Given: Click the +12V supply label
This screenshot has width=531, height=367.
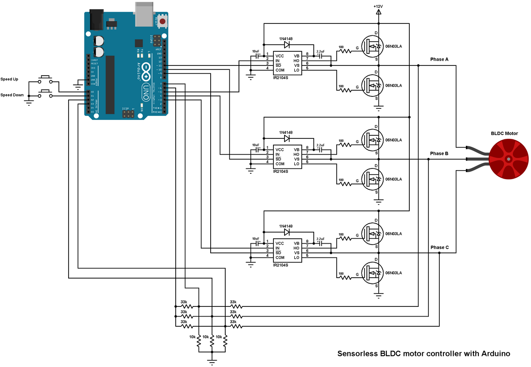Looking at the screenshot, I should click(x=378, y=6).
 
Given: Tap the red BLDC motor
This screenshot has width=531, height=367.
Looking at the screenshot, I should click(x=509, y=159).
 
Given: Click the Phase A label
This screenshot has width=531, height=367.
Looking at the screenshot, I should click(x=439, y=59).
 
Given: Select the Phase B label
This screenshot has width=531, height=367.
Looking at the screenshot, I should click(x=439, y=153).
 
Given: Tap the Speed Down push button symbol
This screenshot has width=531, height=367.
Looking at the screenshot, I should click(x=45, y=93).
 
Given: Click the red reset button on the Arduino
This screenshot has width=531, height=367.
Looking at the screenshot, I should click(x=162, y=21).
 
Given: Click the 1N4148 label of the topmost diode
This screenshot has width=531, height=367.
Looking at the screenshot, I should click(x=286, y=39).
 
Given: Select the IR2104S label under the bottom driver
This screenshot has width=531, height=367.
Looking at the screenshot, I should click(x=281, y=265).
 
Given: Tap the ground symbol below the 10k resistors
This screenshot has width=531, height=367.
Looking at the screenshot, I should click(x=212, y=362).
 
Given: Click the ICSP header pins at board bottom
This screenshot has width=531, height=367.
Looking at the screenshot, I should click(x=128, y=115).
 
